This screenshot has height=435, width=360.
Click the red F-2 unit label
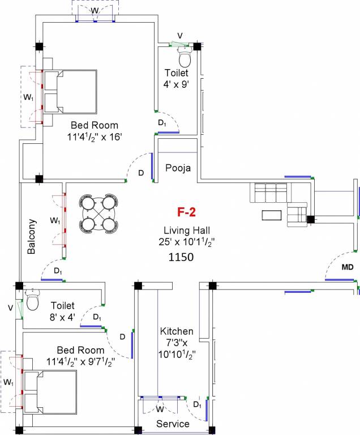coord(186,213)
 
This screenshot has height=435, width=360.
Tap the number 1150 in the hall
coord(181,257)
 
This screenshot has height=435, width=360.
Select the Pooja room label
coord(178,168)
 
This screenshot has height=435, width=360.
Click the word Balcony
coord(32,236)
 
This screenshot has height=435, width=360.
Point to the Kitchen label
coord(177,331)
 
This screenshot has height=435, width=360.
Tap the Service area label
coord(173,424)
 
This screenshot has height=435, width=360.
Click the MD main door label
coord(347,267)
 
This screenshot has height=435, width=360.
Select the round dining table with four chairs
coord(100,214)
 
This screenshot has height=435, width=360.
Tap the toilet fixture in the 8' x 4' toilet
coord(32,301)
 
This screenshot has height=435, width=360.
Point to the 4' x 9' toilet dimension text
coord(176,83)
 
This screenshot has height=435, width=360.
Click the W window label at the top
coord(95,11)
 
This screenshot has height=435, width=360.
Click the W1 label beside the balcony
coord(54,220)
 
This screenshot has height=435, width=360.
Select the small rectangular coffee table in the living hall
coord(272,215)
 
